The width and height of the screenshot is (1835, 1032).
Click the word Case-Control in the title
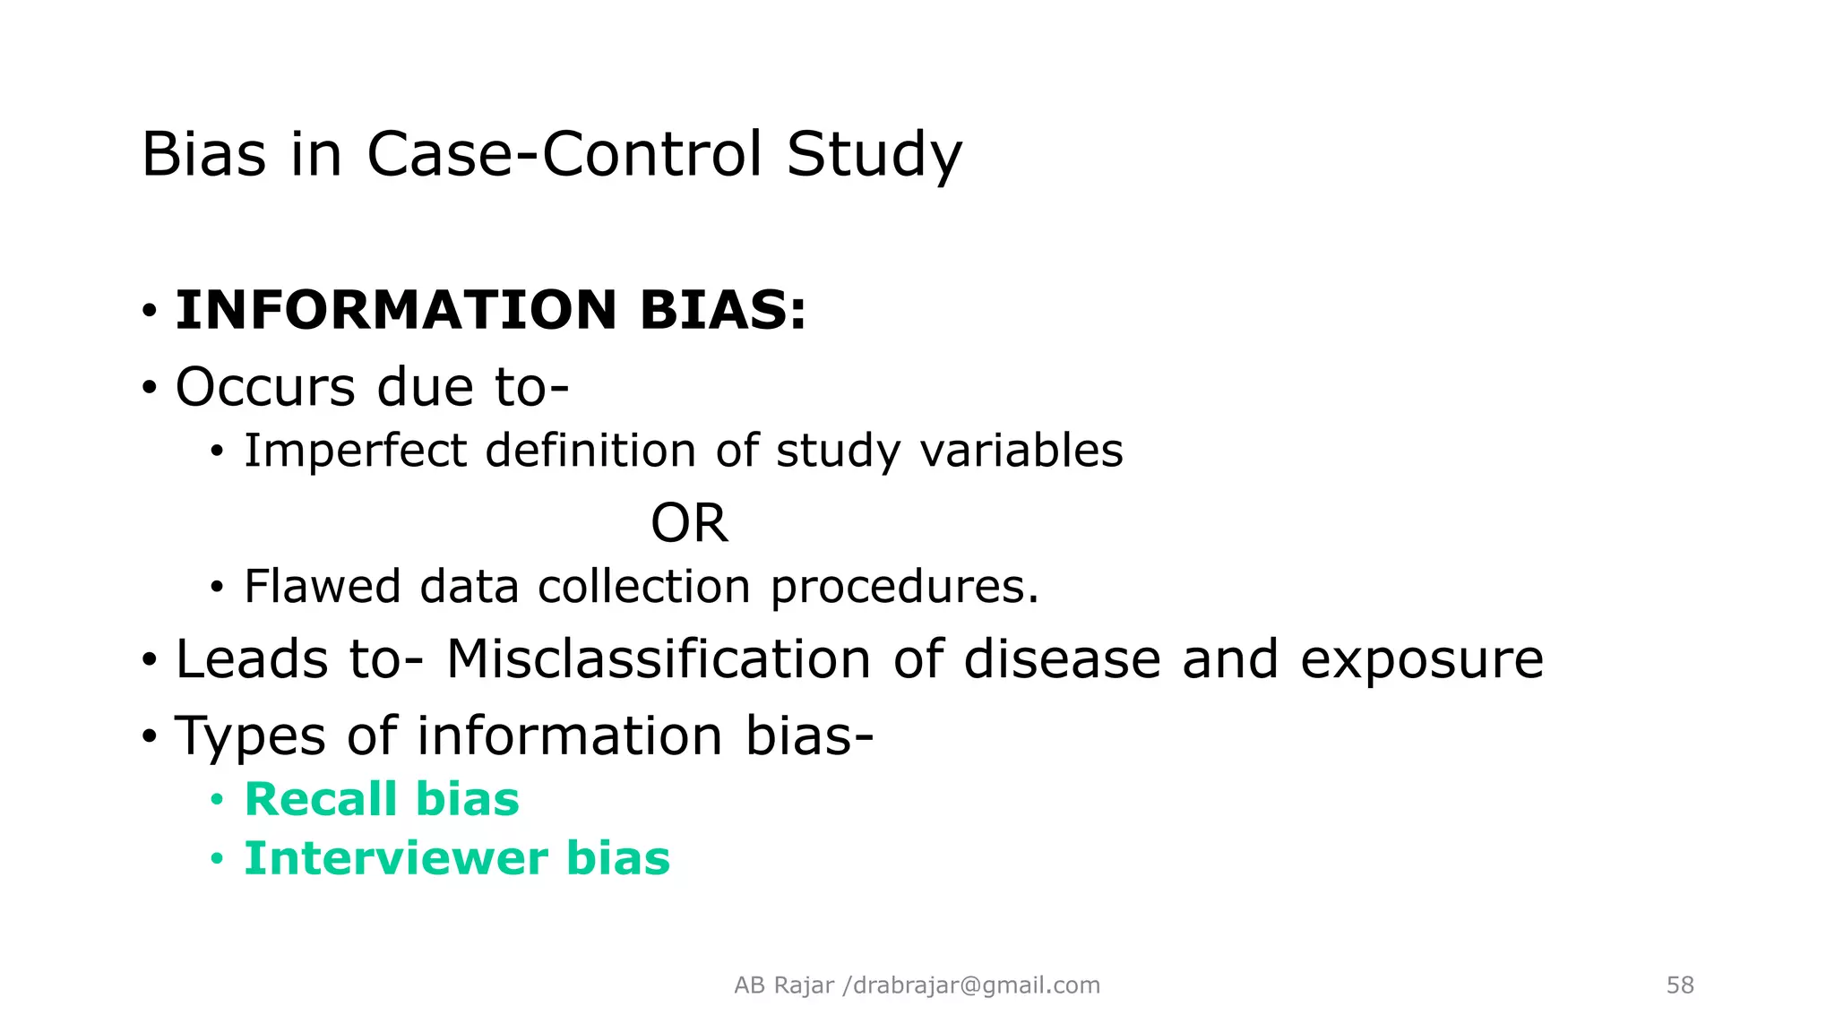tap(564, 154)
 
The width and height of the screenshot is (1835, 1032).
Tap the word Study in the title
tap(874, 154)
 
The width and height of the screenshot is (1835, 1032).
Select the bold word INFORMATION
tap(395, 310)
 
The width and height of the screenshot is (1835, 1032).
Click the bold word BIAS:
tap(722, 310)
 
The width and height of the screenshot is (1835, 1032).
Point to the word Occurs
tap(265, 387)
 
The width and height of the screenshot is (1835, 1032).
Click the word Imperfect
tap(355, 451)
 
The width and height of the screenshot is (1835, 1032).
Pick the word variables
tap(1021, 451)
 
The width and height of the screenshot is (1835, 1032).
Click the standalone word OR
tap(689, 523)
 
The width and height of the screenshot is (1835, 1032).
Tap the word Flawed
tap(322, 587)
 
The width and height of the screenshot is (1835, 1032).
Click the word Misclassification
tap(659, 659)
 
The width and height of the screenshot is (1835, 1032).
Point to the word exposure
tap(1422, 661)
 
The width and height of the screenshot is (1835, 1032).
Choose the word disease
tap(1062, 659)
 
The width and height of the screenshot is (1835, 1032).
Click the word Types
tap(250, 736)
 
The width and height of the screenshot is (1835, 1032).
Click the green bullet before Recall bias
tap(216, 800)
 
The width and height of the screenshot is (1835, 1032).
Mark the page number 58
tap(1680, 985)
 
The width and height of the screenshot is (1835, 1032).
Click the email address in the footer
tap(977, 985)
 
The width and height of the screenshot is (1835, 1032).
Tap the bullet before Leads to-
tap(149, 661)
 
